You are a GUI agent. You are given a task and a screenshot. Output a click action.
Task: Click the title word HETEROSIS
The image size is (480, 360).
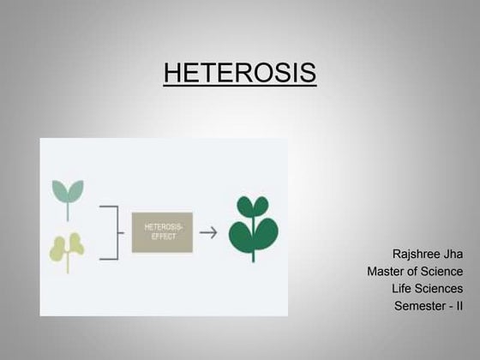pos(239,73)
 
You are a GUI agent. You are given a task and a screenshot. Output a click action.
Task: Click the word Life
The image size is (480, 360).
pos(402,288)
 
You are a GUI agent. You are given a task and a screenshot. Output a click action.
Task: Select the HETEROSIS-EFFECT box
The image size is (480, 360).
pos(162,232)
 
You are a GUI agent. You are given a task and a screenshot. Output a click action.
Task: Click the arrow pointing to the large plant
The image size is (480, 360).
pos(208,232)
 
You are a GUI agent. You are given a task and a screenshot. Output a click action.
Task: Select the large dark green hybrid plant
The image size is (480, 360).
pos(253,225)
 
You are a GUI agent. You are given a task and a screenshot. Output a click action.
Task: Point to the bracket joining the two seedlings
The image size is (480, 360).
pos(110,232)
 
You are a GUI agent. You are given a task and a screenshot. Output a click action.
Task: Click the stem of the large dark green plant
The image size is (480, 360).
pos(253,250)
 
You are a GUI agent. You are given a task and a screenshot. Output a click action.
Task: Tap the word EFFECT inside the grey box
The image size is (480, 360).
pos(162,237)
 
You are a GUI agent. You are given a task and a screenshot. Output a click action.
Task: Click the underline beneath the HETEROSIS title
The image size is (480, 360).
pos(239,86)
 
